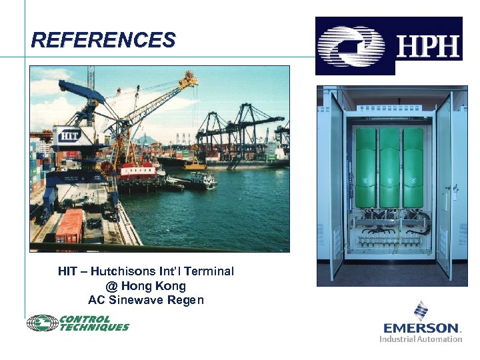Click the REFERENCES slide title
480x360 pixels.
tap(103, 40)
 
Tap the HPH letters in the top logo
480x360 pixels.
tap(428, 47)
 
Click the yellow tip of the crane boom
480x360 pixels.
tap(191, 79)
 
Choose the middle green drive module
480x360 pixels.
tap(390, 167)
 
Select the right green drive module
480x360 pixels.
tap(413, 167)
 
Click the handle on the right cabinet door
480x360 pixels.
tap(455, 191)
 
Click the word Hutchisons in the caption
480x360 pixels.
tap(123, 271)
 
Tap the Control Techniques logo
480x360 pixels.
tap(78, 323)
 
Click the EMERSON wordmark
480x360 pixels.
tap(422, 328)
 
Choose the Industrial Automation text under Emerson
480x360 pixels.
tap(421, 339)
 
